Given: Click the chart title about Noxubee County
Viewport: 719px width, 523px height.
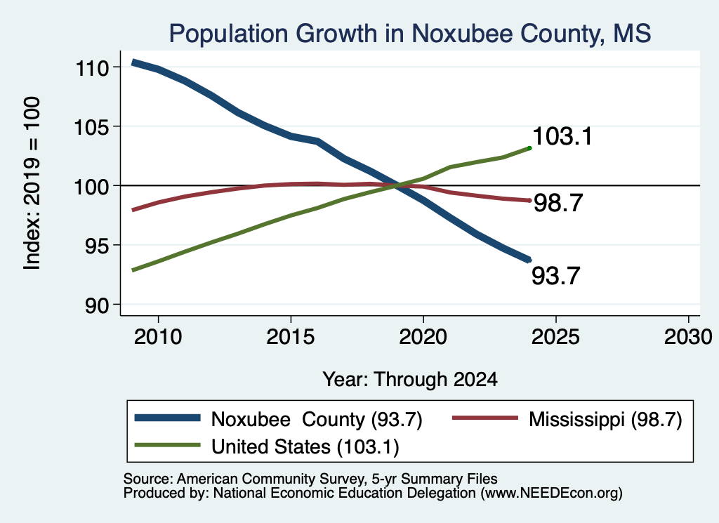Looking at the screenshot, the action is click(x=410, y=34).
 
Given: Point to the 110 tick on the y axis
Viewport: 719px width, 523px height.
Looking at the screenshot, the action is click(x=92, y=68).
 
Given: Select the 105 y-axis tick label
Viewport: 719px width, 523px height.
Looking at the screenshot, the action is click(x=92, y=127).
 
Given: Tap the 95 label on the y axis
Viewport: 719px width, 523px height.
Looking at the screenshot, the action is click(x=97, y=246).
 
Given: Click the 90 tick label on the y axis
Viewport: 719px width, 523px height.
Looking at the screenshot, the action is click(x=97, y=306).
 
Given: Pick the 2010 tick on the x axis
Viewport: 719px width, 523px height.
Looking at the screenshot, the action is click(x=158, y=337).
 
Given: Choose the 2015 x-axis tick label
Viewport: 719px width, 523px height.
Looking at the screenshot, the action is click(x=290, y=337).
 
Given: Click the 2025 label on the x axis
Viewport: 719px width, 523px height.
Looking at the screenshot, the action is click(x=555, y=337).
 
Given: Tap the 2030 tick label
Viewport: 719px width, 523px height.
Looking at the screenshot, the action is click(x=688, y=337).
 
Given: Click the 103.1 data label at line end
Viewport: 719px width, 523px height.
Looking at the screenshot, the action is click(x=562, y=136).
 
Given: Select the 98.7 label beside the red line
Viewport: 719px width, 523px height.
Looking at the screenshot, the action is click(x=558, y=203).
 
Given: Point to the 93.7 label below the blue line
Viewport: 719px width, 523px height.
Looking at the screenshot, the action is click(x=556, y=276).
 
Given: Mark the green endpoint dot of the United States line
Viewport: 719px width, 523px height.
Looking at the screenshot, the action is click(x=529, y=148).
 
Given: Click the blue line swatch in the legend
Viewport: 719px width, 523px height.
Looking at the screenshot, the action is click(x=167, y=418).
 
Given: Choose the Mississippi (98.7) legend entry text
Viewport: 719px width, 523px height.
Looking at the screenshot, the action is click(x=605, y=419).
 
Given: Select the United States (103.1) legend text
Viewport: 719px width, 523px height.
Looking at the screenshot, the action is click(x=305, y=447).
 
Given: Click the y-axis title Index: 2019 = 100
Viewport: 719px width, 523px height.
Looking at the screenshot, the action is click(x=32, y=183).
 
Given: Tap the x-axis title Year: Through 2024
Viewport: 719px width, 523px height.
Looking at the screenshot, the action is click(x=410, y=380).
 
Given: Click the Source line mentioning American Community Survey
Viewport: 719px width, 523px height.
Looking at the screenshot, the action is click(x=310, y=479).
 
